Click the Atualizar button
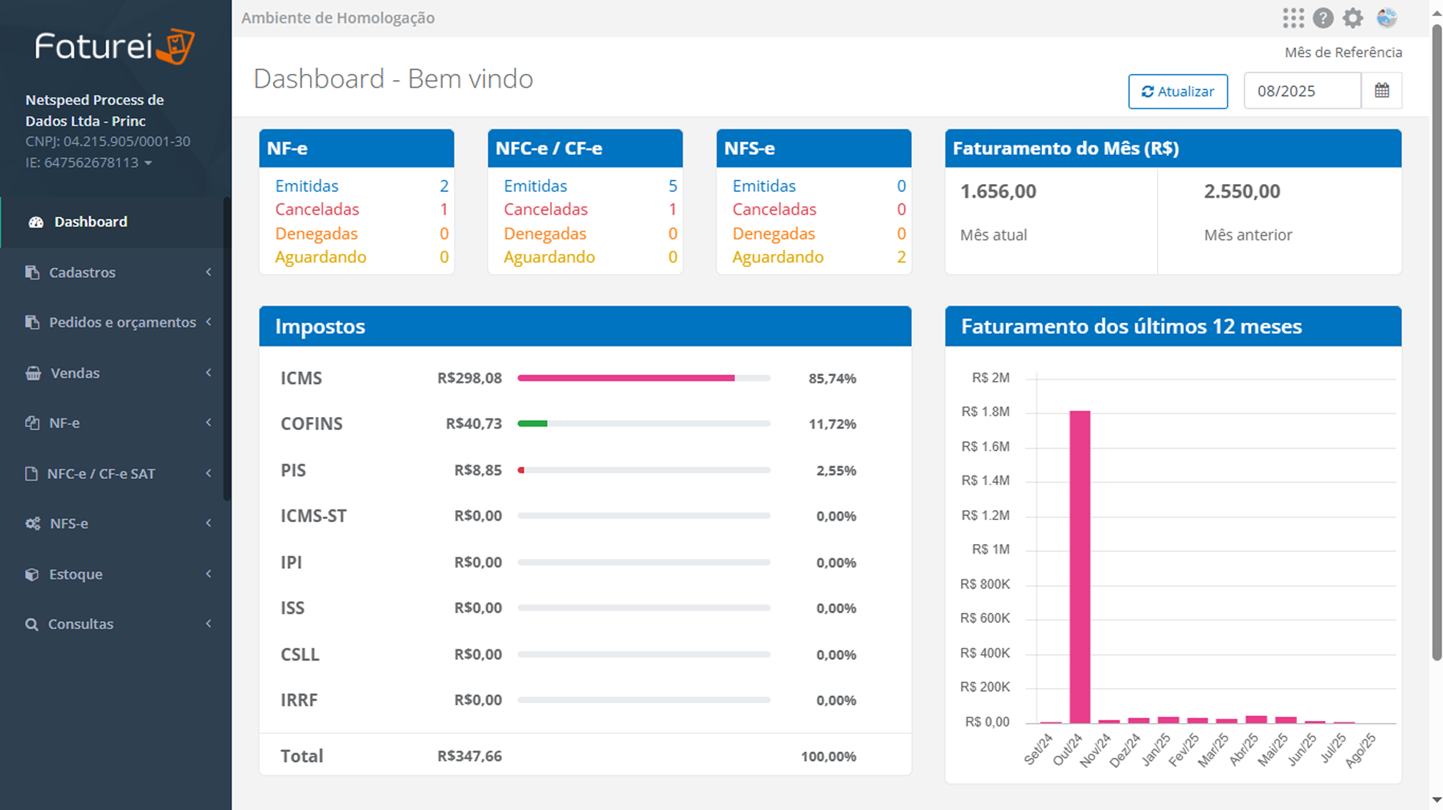(1177, 92)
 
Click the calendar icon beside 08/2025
(1381, 91)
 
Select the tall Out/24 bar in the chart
(1080, 567)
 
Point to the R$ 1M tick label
(990, 550)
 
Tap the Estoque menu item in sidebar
(76, 575)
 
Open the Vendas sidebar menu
(75, 373)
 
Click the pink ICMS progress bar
(626, 378)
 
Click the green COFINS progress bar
(533, 423)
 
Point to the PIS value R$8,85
(478, 470)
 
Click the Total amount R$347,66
(469, 756)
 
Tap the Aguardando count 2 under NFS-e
(901, 257)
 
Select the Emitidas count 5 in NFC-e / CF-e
(672, 186)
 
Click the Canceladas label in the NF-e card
(317, 210)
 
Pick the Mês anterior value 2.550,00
(1241, 191)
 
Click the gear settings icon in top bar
(1353, 18)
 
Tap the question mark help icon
(1322, 18)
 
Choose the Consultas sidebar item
(80, 624)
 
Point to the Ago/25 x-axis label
(1360, 751)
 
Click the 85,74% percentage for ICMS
(832, 378)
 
